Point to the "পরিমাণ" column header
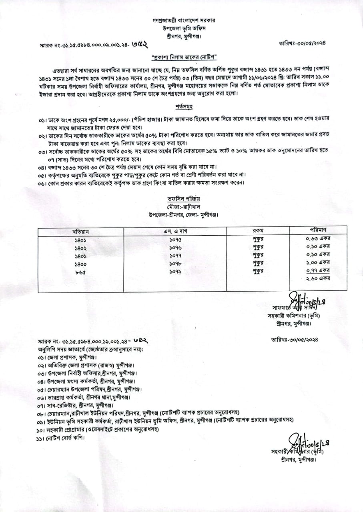[319, 230]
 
